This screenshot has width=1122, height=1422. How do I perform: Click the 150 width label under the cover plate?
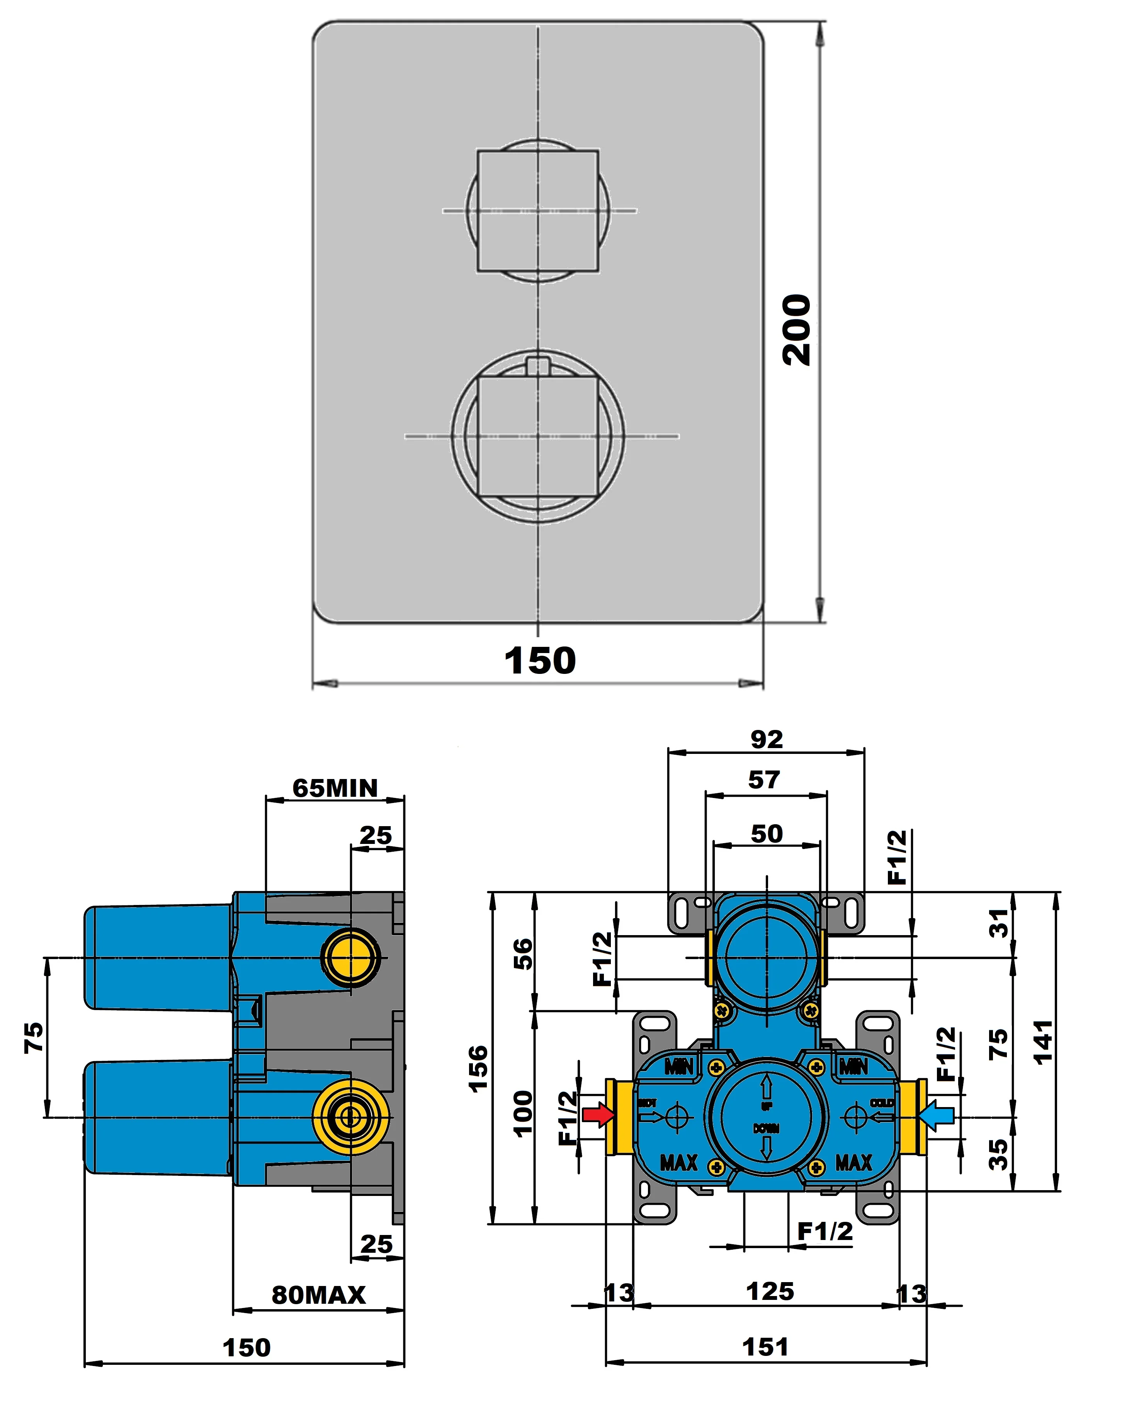tap(540, 661)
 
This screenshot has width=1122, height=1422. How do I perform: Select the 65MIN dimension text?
tap(335, 788)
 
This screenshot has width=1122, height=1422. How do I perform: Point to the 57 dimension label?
tap(764, 780)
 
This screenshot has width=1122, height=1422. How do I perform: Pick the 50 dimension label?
tap(767, 834)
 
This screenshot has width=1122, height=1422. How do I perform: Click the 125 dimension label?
tap(770, 1292)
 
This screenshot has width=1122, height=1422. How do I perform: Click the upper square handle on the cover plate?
tap(538, 211)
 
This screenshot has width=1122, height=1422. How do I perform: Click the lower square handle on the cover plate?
tap(538, 437)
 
